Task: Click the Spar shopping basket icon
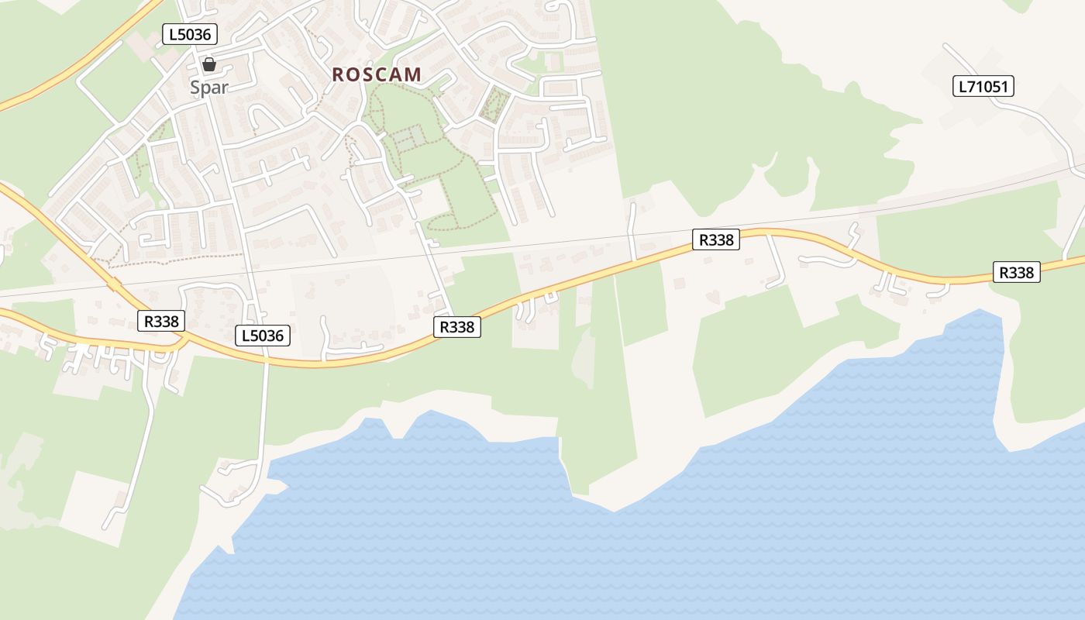click(x=208, y=64)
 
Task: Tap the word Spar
click(x=209, y=88)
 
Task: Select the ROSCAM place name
click(x=377, y=74)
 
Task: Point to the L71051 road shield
click(x=983, y=86)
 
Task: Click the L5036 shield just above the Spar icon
click(x=190, y=34)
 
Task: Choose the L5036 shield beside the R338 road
click(x=263, y=336)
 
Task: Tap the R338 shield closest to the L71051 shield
click(x=1015, y=272)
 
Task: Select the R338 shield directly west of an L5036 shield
click(x=161, y=321)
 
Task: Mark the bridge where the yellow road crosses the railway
click(x=114, y=284)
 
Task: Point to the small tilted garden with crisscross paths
click(x=493, y=106)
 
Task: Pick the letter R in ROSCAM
click(x=338, y=74)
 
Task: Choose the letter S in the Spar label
click(x=196, y=88)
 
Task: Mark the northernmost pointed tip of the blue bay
click(x=981, y=311)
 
